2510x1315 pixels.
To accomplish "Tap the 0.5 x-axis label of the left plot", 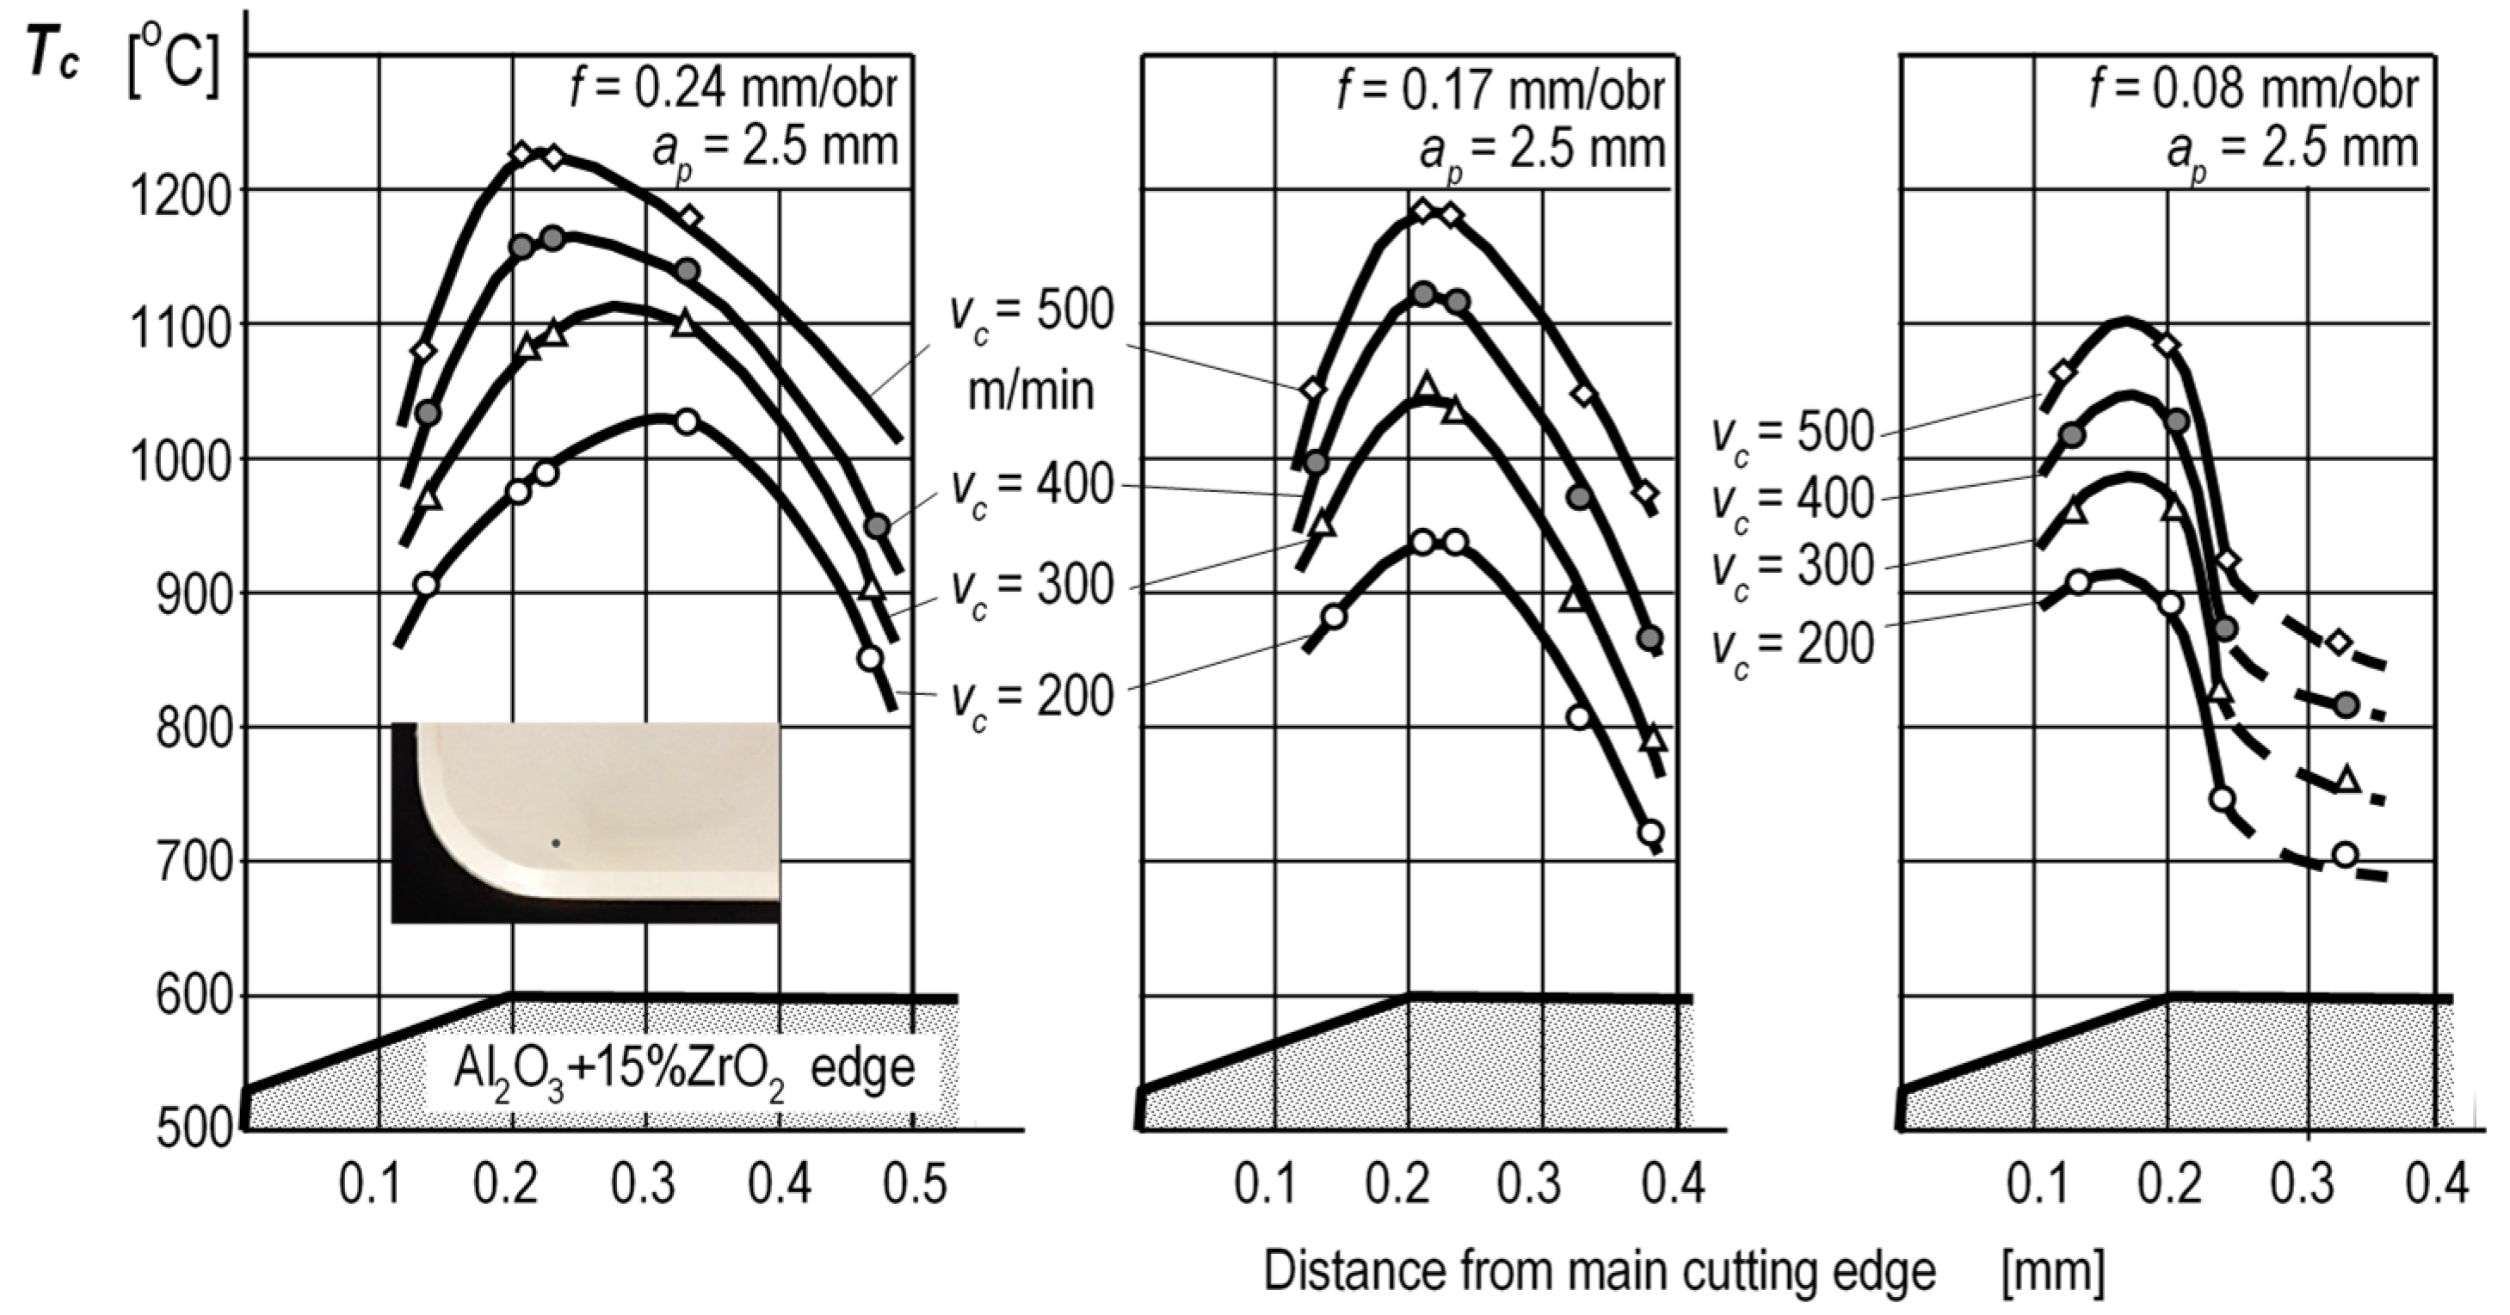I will (x=915, y=1184).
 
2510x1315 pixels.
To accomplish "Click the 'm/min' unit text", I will (x=1030, y=390).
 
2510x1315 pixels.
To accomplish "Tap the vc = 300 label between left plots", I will (x=1032, y=587).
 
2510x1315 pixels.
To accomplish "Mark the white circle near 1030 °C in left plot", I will (x=687, y=421).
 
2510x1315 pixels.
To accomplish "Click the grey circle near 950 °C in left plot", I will (x=878, y=526).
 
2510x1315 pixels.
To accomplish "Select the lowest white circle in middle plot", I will (x=1650, y=832).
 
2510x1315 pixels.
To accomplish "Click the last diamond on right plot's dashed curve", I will (x=2339, y=642).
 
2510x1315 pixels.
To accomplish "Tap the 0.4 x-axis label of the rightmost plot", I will (x=2436, y=1184).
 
